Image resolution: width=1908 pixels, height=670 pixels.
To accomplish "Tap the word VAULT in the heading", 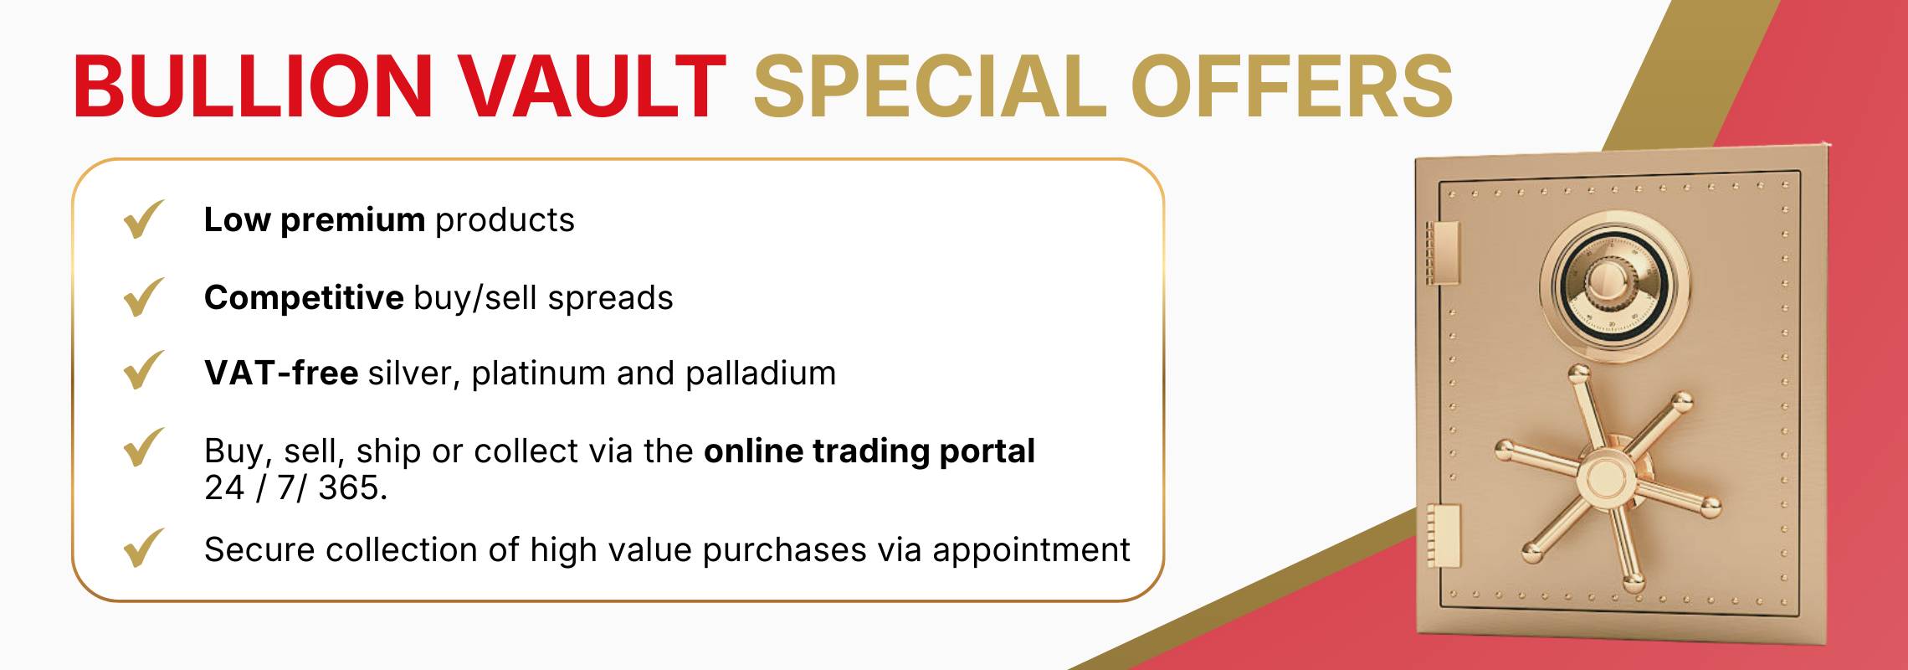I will coord(592,86).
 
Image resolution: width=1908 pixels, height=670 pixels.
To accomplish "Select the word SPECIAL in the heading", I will coord(930,86).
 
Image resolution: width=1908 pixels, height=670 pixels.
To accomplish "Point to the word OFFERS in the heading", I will coord(1292,86).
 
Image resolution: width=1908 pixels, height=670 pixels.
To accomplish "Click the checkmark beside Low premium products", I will coord(143,219).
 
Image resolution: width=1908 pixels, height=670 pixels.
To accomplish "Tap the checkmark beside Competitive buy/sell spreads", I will coord(143,297).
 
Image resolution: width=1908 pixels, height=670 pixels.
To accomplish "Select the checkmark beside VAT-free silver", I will coord(143,371).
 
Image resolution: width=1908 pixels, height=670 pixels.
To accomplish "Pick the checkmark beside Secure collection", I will coord(143,549).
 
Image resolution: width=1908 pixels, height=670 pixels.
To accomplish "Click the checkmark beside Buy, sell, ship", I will coord(143,448).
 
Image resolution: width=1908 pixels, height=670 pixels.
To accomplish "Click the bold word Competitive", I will coord(304,298).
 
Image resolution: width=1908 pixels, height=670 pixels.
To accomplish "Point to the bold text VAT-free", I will coord(281,373).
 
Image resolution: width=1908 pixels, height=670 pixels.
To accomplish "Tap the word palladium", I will coord(761,374).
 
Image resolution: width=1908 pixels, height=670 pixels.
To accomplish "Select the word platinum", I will coord(539,374).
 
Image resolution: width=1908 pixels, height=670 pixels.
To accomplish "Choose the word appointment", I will coord(1031,550).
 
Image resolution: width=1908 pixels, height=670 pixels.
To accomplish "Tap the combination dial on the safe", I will coord(1613,285).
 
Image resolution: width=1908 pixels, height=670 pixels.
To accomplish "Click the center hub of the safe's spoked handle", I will coord(1606,479).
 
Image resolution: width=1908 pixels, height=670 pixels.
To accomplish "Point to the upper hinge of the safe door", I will coord(1443,252).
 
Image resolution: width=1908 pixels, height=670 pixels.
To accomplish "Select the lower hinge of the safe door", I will coord(1444,536).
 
